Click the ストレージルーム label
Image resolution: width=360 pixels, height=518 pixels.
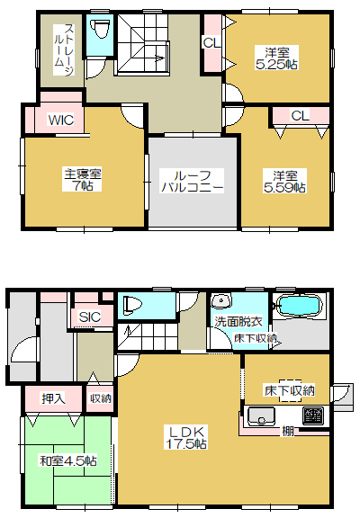(x=65, y=49)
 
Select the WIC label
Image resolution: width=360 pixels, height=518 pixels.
(x=61, y=120)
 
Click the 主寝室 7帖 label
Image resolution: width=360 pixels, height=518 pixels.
(x=82, y=179)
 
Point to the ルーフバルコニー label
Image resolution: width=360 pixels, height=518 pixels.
(x=192, y=181)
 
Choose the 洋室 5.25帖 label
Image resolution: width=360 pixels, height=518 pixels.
(x=276, y=58)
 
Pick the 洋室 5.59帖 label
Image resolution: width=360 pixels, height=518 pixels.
(x=284, y=181)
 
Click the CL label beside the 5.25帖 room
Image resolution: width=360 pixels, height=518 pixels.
(x=211, y=42)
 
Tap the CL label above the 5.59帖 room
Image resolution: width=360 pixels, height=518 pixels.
(x=301, y=116)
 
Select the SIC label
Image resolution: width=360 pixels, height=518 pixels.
(x=90, y=317)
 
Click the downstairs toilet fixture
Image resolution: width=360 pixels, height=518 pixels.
(x=132, y=305)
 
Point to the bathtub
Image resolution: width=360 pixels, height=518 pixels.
(x=299, y=305)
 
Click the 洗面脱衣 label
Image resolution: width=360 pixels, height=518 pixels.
(x=238, y=321)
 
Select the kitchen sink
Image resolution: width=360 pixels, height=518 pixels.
(x=261, y=416)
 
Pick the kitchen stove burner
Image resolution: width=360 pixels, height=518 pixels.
(x=313, y=415)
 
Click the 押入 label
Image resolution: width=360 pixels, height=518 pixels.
(x=54, y=398)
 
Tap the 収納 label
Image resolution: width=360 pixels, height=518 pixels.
(x=101, y=398)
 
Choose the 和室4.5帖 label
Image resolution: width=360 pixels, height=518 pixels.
(x=68, y=460)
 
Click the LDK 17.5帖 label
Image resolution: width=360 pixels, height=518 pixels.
(x=186, y=438)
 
